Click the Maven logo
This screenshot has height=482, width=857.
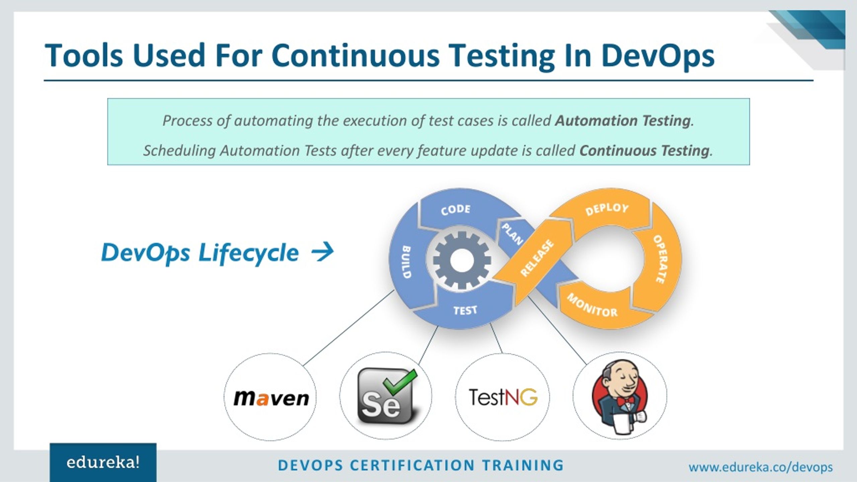pos(271,398)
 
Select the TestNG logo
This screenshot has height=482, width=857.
pos(503,397)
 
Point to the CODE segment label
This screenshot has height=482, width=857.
pos(456,210)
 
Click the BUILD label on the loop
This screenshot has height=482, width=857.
pos(406,262)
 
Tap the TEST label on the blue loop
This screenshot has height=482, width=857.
pos(465,311)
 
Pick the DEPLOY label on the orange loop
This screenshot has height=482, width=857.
pos(607,209)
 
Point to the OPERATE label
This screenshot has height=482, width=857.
pos(660,259)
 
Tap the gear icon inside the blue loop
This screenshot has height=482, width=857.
pos(462,260)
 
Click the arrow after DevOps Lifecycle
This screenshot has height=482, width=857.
pos(322,252)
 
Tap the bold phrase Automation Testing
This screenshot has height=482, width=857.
pos(623,121)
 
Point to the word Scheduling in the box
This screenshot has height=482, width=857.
pos(179,151)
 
